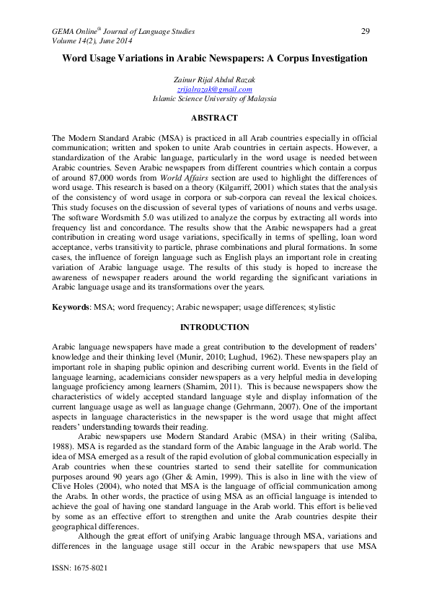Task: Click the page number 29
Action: pos(365,31)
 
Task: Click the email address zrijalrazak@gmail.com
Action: pos(214,89)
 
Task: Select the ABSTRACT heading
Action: pos(214,117)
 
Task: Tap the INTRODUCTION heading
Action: pos(214,327)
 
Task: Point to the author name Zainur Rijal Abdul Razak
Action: pos(214,79)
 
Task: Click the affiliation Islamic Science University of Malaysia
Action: pos(214,98)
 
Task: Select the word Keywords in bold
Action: pos(70,307)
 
